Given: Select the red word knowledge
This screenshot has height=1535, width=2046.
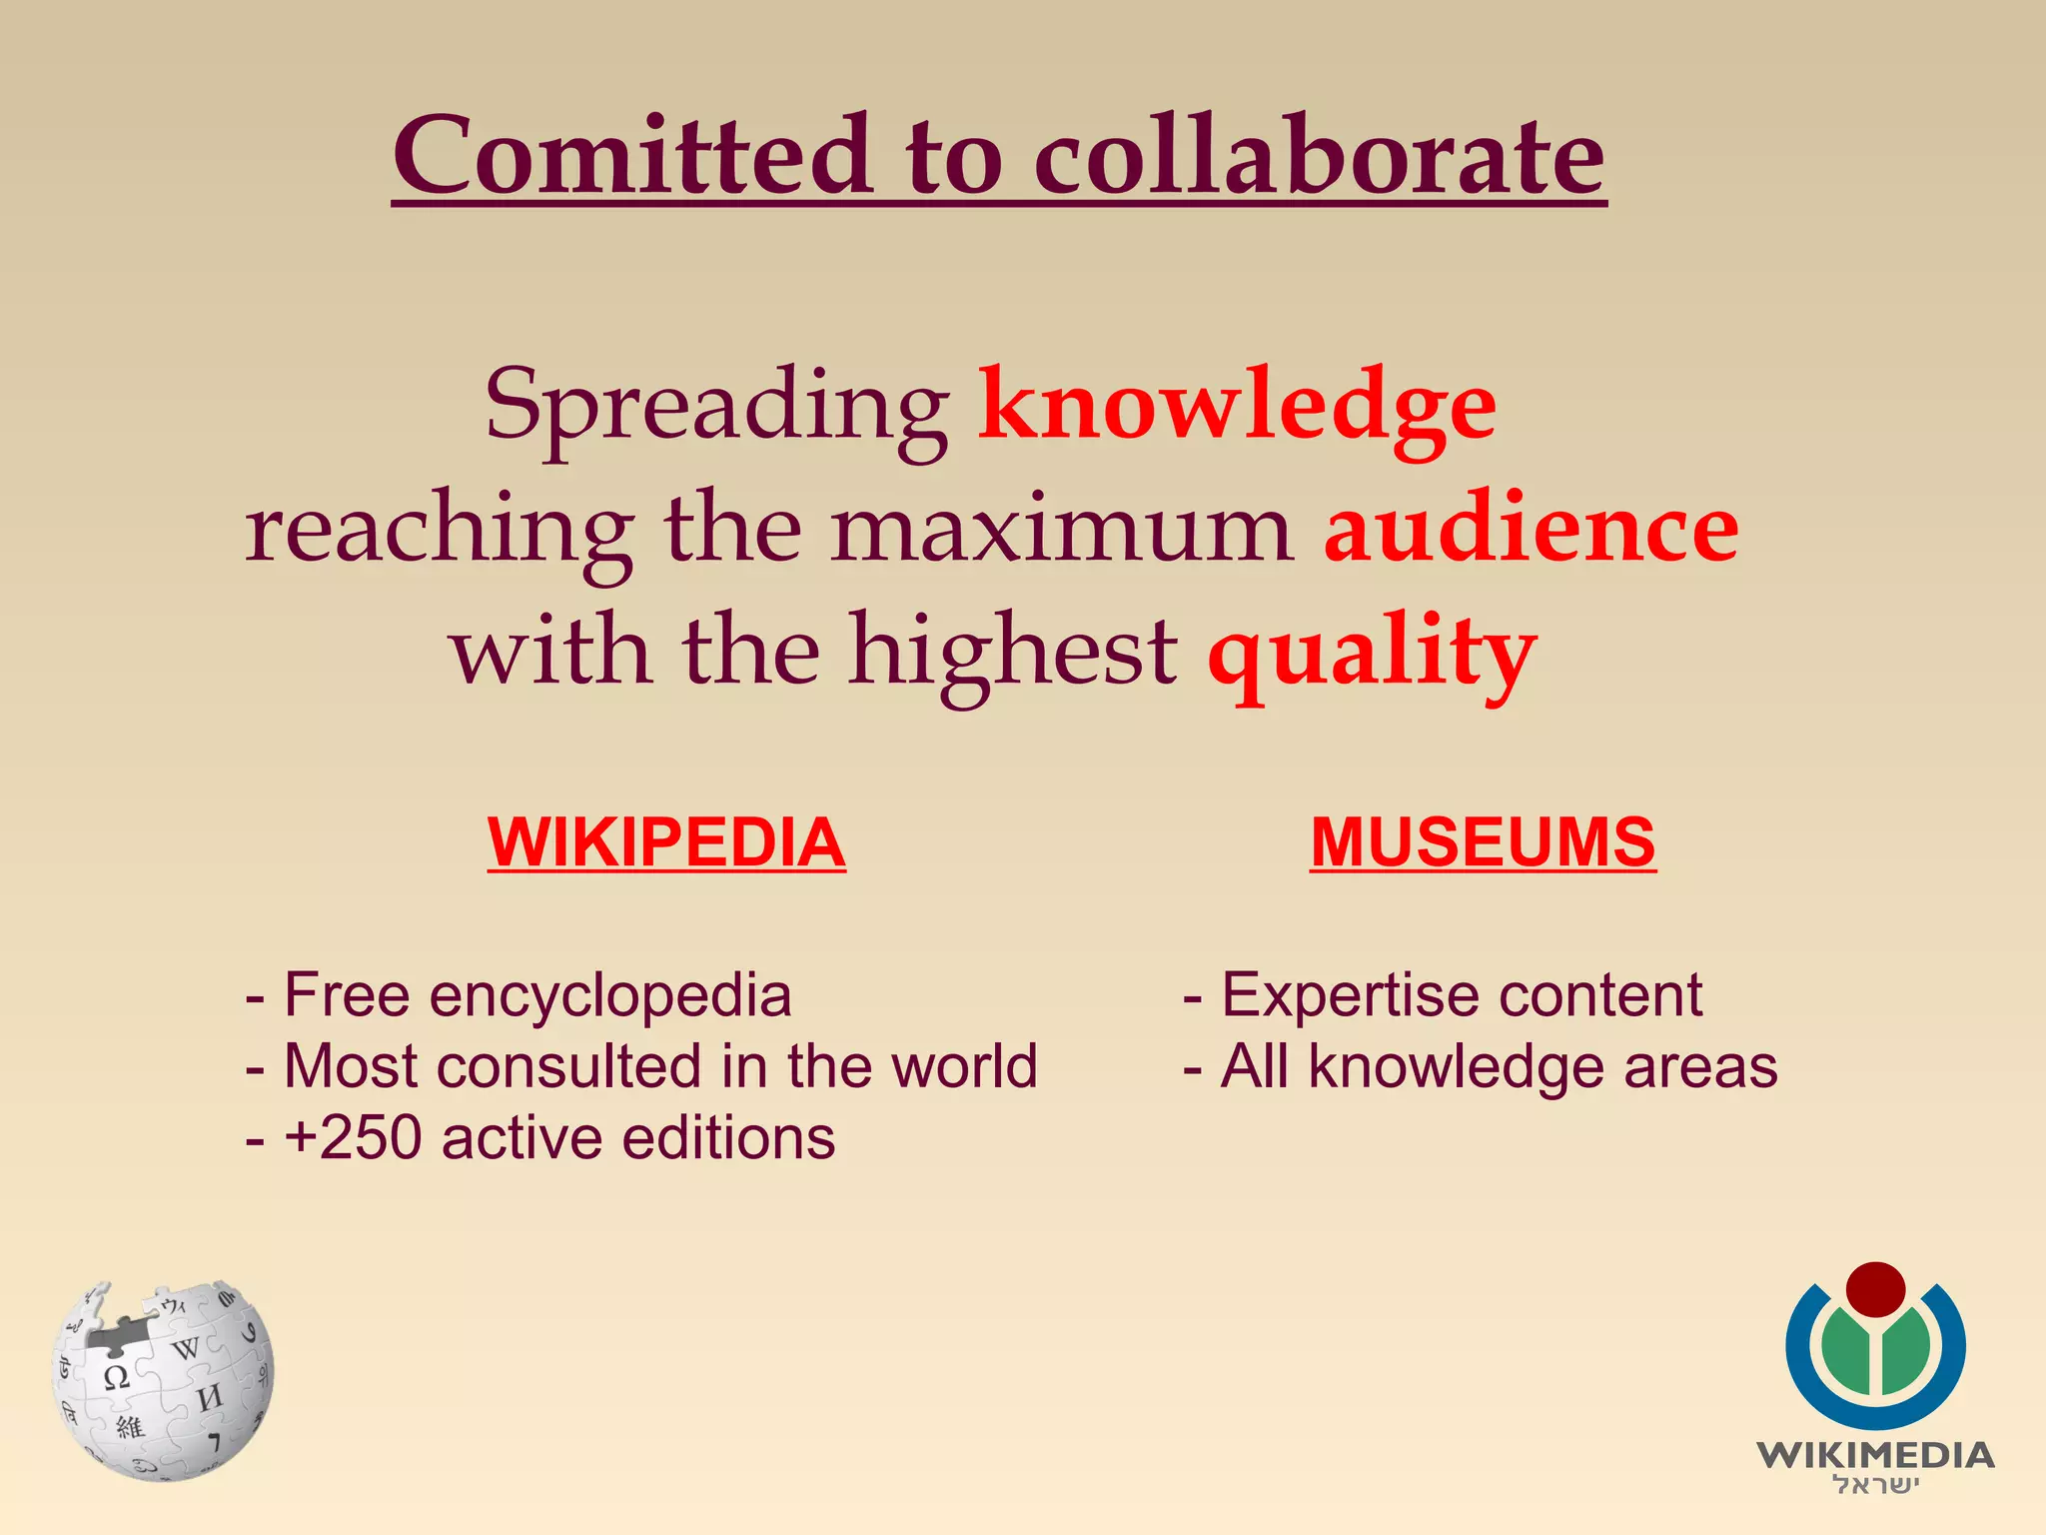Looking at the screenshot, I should pyautogui.click(x=1237, y=405).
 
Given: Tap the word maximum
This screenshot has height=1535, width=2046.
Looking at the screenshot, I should pyautogui.click(x=1061, y=530).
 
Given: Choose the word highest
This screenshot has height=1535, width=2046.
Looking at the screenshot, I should pyautogui.click(x=1013, y=652).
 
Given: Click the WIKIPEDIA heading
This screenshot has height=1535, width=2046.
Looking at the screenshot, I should pyautogui.click(x=666, y=842).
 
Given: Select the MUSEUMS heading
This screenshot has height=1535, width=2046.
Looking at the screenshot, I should pyautogui.click(x=1483, y=842).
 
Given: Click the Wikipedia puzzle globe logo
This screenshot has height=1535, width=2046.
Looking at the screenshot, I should pyautogui.click(x=163, y=1379).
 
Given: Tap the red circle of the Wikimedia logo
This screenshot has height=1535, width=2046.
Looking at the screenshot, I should pyautogui.click(x=1875, y=1289).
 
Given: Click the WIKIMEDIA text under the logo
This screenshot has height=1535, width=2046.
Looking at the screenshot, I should pyautogui.click(x=1875, y=1454).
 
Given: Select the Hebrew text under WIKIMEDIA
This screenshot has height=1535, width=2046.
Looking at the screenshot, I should pyautogui.click(x=1875, y=1486).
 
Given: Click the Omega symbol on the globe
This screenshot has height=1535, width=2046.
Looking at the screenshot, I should pyautogui.click(x=117, y=1378).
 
